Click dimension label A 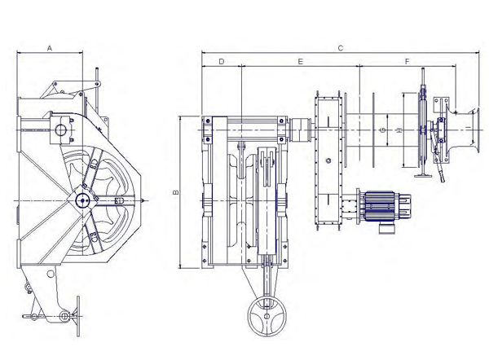click(x=49, y=48)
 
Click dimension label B click(x=175, y=192)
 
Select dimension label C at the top click(x=340, y=48)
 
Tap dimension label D click(x=222, y=61)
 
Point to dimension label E click(x=300, y=61)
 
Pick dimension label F click(x=407, y=61)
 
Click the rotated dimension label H click(x=399, y=130)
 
